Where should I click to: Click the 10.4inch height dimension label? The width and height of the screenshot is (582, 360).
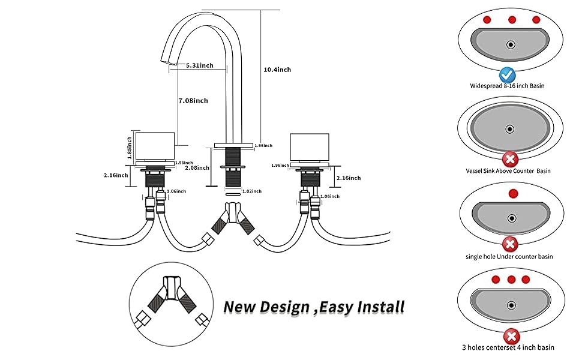277,70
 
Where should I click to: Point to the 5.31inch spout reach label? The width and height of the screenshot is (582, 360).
200,65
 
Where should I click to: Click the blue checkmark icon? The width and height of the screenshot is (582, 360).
507,75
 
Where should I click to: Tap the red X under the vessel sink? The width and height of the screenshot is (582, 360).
510,159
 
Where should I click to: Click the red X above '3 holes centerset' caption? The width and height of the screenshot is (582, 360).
511,336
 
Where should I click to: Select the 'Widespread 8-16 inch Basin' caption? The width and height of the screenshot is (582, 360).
508,86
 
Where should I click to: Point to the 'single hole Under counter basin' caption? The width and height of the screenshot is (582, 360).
509,256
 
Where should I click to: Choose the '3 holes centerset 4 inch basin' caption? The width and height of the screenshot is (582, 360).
508,347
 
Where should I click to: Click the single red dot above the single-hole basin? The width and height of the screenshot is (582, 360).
512,194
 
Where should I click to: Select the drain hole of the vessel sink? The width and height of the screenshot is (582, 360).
510,128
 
